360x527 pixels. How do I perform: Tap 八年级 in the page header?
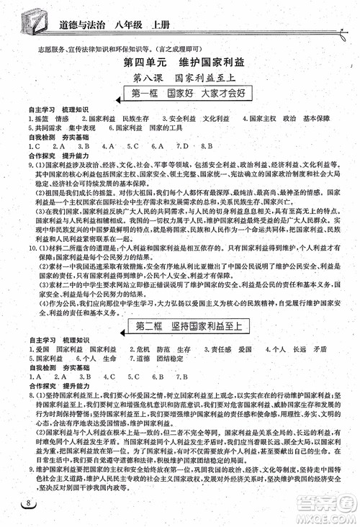(x=122, y=19)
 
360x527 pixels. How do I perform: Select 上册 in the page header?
(x=154, y=19)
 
